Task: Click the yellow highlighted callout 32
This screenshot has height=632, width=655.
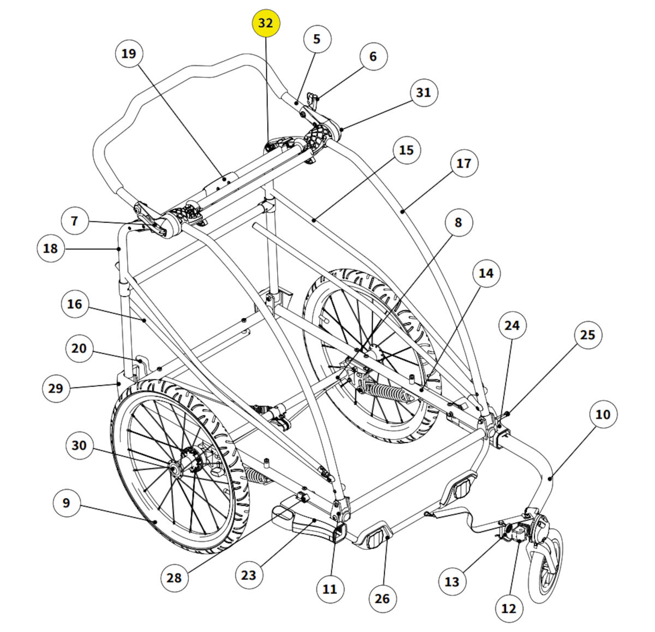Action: click(265, 23)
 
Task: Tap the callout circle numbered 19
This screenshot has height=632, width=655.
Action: click(129, 53)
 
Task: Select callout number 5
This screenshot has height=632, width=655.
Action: click(317, 39)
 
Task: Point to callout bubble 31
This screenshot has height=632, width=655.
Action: click(424, 92)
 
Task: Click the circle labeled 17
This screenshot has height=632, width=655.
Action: click(463, 163)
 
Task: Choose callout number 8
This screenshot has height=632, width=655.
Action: click(458, 222)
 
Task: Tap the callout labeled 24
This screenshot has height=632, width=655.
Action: click(512, 325)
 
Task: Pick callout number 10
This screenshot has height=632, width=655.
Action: click(603, 414)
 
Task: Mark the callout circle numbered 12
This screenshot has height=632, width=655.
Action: click(508, 608)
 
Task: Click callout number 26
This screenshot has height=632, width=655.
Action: click(382, 599)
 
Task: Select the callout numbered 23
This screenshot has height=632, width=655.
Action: click(248, 575)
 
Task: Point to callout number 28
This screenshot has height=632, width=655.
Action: click(174, 576)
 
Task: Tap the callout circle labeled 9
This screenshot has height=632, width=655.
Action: click(67, 502)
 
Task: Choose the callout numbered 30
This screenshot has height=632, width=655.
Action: click(79, 445)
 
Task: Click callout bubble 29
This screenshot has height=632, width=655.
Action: click(56, 389)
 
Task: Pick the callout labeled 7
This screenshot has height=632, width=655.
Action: click(74, 221)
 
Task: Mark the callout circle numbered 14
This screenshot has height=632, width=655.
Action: click(486, 273)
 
